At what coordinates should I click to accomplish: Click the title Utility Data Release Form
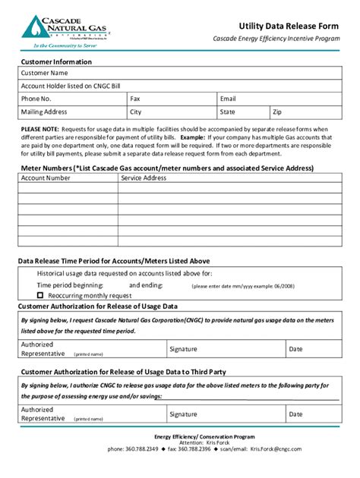point(289,25)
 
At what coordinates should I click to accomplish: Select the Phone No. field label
point(36,99)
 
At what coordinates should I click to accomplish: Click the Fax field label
point(135,99)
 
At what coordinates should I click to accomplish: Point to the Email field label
point(228,99)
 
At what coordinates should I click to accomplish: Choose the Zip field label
point(278,112)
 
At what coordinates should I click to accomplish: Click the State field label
point(228,112)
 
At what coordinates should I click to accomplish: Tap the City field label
point(136,112)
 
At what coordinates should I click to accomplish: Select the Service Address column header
point(144,178)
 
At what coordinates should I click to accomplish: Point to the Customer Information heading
point(56,61)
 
